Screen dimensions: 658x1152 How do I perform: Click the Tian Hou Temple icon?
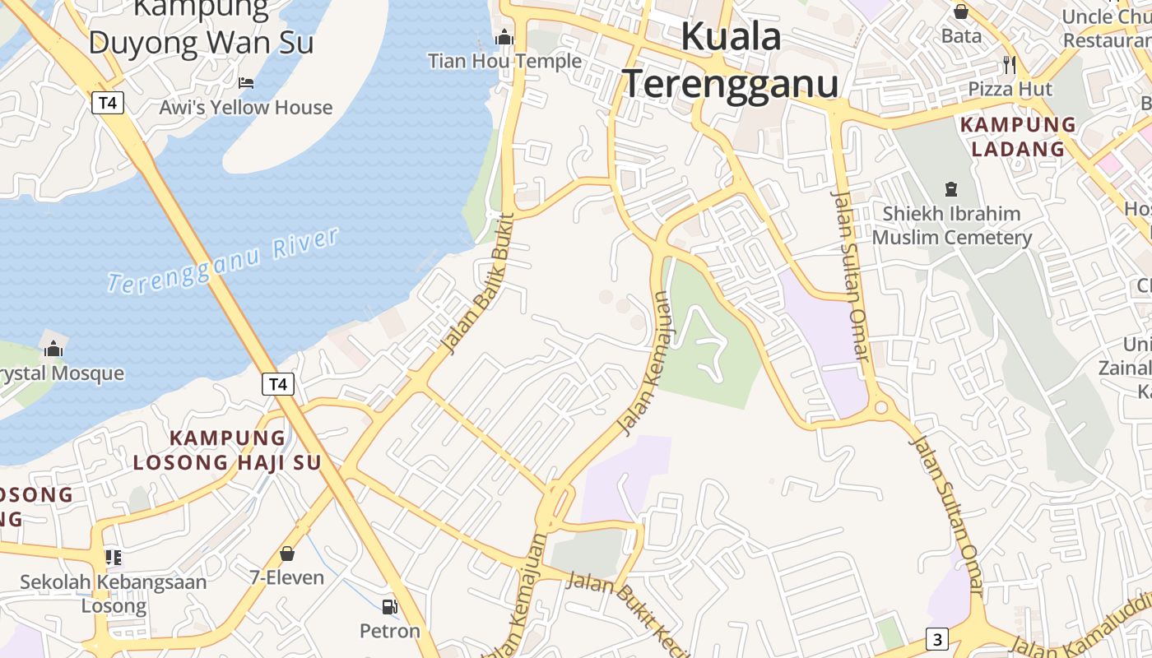[x=504, y=37]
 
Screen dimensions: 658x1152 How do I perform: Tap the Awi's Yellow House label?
[x=246, y=108]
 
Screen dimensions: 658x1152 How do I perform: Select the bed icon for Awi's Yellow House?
[x=246, y=82]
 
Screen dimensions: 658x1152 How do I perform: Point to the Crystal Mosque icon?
[x=53, y=349]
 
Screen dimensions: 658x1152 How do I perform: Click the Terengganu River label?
[x=223, y=261]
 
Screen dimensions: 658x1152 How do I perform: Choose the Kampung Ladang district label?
[x=1018, y=137]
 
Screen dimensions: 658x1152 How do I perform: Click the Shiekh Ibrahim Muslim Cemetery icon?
[x=951, y=189]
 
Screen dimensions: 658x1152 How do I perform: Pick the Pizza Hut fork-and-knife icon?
[x=1010, y=64]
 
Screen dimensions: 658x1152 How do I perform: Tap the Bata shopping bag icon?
[x=960, y=12]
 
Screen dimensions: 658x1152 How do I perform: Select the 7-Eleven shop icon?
[x=287, y=554]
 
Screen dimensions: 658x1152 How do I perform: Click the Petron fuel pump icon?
[x=389, y=607]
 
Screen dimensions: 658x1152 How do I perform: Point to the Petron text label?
[x=389, y=631]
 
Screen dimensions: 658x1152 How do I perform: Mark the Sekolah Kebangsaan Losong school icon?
[x=114, y=558]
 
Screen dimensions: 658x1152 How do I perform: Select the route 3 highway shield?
[x=936, y=638]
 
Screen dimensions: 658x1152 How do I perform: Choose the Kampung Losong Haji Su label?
[x=227, y=450]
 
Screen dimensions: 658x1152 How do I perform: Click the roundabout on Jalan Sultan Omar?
[x=881, y=406]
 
